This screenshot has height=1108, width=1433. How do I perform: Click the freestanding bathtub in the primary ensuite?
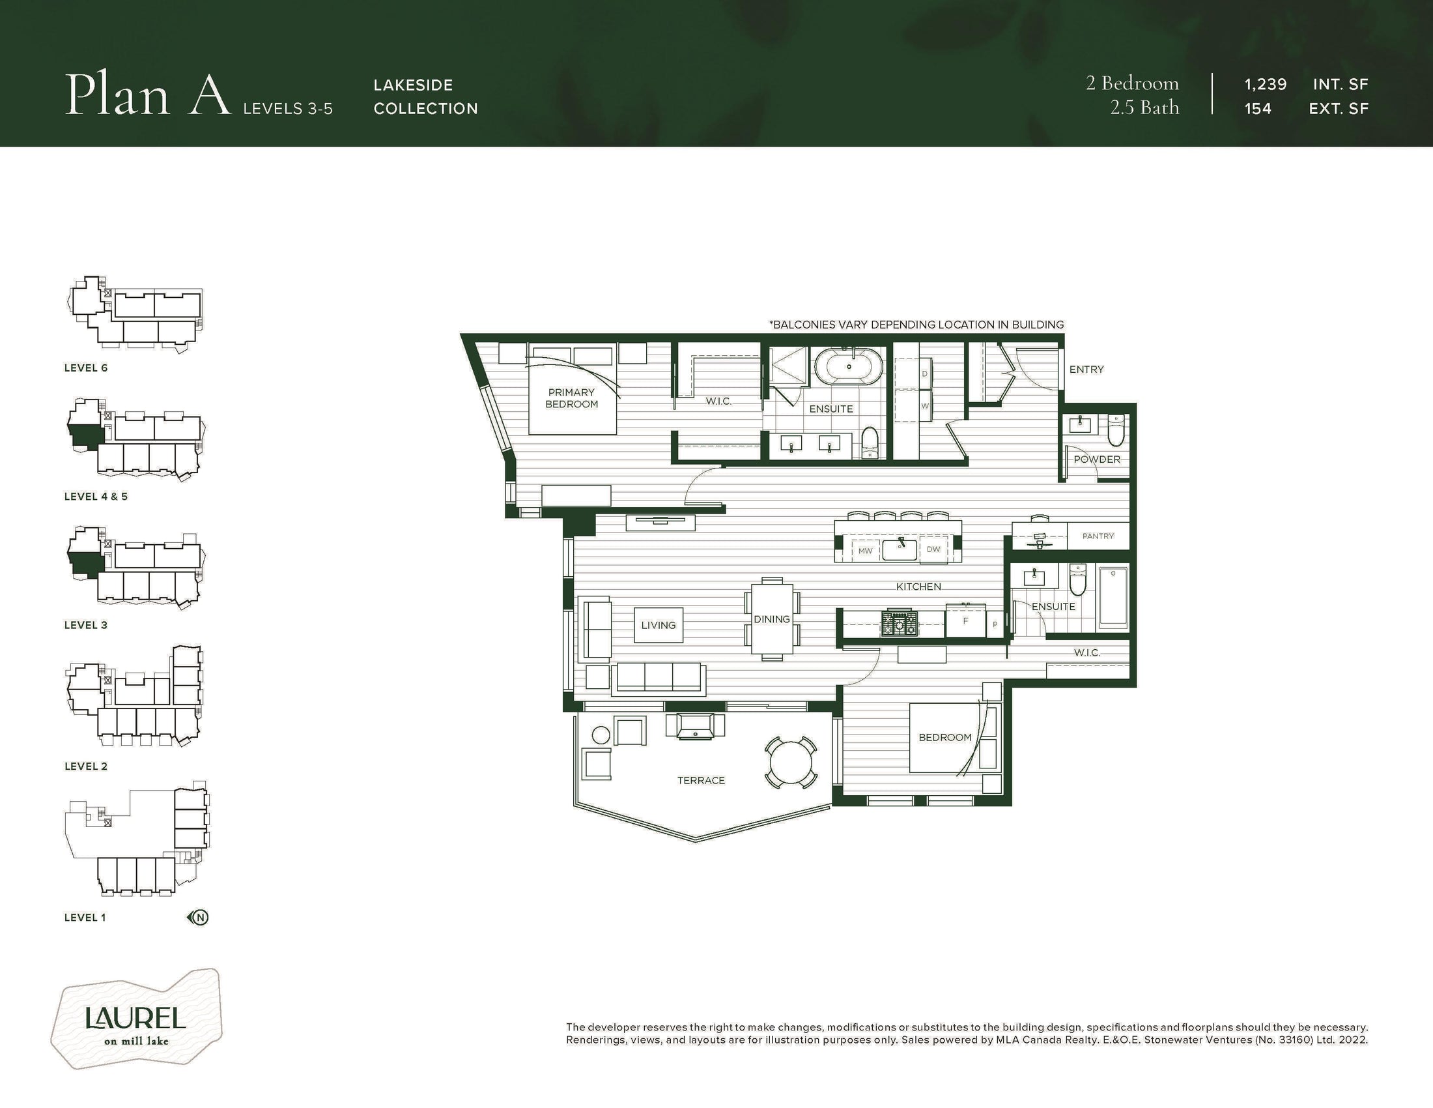[848, 367]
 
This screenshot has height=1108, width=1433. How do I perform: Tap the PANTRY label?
[1098, 536]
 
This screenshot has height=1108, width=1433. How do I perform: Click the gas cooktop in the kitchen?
[900, 624]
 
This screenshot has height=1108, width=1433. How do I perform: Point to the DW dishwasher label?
[933, 549]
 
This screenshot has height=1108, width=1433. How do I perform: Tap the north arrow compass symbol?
[198, 917]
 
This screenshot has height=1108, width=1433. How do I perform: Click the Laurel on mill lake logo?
[137, 1019]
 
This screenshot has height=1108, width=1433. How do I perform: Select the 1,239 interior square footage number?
[1265, 85]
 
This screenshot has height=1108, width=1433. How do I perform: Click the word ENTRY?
[1086, 370]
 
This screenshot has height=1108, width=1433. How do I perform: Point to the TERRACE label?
[701, 780]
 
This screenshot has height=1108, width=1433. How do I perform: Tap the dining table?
[772, 619]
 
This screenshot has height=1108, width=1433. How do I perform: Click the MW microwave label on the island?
[866, 551]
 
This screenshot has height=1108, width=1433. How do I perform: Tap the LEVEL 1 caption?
[85, 918]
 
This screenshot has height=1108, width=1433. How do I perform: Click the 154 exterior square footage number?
[1258, 109]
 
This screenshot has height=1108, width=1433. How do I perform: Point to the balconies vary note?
[916, 325]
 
